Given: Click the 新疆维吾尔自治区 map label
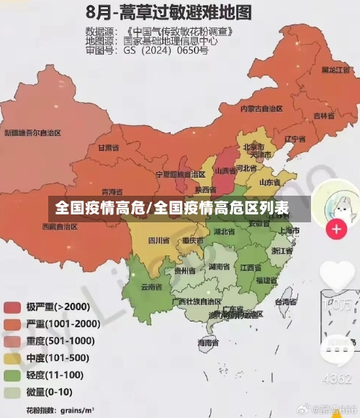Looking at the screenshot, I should click(x=33, y=133).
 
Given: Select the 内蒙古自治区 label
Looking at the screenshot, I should click(x=261, y=109).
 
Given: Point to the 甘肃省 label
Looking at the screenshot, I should click(x=107, y=147).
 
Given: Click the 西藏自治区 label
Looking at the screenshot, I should click(x=59, y=226).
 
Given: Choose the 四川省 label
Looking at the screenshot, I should click(x=158, y=240).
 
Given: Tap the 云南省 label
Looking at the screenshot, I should click(x=151, y=286).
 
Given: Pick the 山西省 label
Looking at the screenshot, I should click(x=225, y=171).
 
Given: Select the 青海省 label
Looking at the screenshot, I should click(x=112, y=192).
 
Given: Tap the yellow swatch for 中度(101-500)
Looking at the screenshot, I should click(x=12, y=358).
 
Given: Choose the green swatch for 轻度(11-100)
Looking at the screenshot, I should click(x=12, y=375).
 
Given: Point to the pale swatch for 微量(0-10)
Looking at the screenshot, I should click(x=12, y=392).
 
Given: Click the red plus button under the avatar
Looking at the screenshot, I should click(x=336, y=230).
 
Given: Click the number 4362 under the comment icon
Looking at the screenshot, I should click(x=336, y=378).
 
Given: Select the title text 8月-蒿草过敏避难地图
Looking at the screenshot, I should click(x=168, y=12).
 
